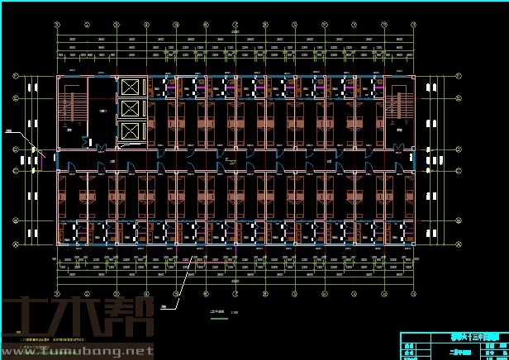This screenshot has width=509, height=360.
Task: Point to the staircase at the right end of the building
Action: click(398, 103)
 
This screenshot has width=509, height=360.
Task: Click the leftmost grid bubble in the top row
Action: click(57, 26)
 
